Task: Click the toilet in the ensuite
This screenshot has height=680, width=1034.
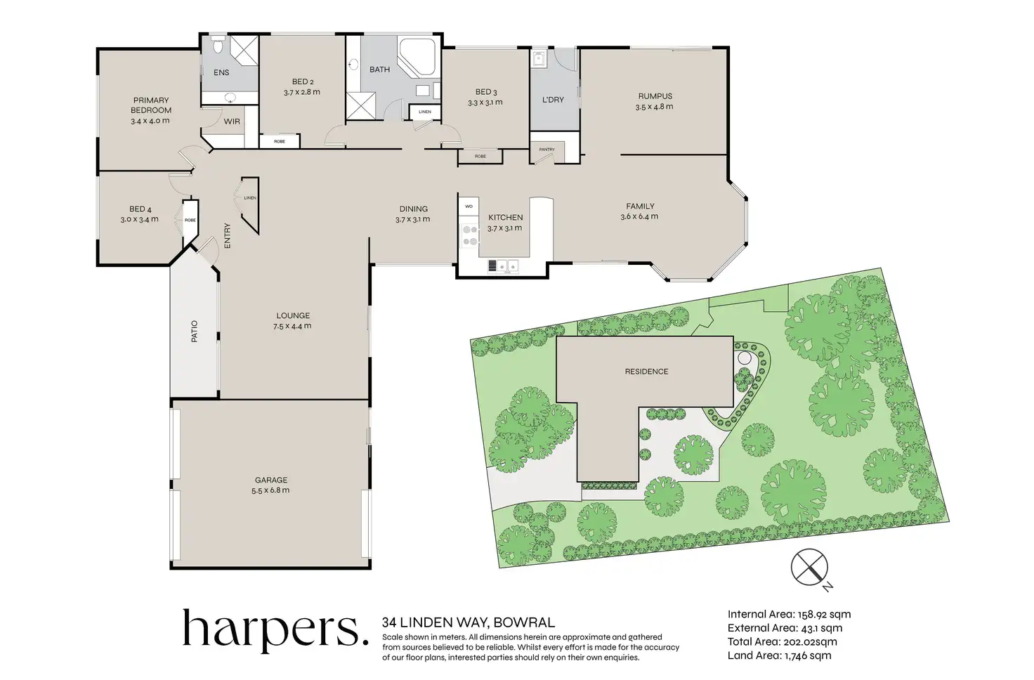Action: (x=218, y=44)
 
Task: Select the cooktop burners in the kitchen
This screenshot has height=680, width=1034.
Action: (x=470, y=235)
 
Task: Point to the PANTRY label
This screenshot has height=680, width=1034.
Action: (x=547, y=150)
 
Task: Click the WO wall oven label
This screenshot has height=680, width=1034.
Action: (x=469, y=207)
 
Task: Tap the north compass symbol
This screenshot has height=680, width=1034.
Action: (x=810, y=568)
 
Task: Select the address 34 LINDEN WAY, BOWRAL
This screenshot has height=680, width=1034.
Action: (x=469, y=622)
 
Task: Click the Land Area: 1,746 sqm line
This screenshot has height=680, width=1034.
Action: (x=780, y=655)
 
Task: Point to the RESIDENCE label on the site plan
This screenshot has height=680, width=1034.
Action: (x=646, y=372)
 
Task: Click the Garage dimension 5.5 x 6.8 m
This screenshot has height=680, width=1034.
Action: (x=270, y=490)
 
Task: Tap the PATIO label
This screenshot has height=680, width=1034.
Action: (x=195, y=332)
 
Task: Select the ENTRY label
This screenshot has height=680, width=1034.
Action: (x=227, y=236)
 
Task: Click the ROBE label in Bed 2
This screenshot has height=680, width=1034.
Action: (x=280, y=141)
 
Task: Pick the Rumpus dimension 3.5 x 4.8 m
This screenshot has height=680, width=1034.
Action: (x=654, y=107)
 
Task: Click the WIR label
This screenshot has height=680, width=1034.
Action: (x=232, y=122)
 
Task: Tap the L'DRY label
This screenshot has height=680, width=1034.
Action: (x=553, y=100)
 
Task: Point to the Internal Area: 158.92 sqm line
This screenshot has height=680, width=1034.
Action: (x=790, y=615)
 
